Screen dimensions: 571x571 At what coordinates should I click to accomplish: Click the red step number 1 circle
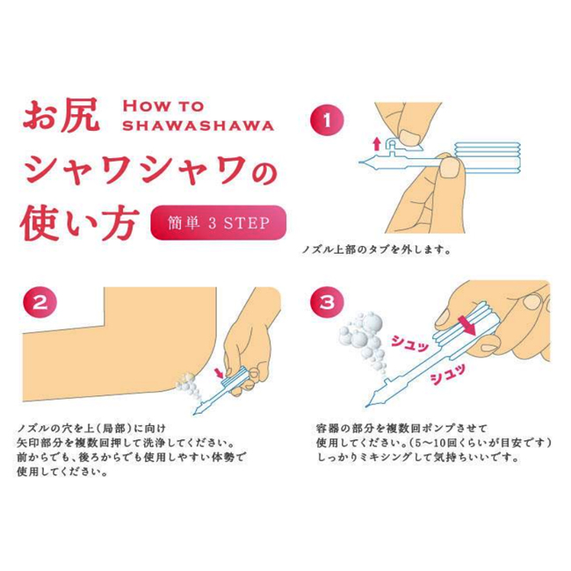(327, 119)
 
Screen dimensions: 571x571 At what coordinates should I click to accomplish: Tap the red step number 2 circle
(40, 302)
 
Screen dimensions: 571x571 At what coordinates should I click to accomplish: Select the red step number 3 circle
(327, 302)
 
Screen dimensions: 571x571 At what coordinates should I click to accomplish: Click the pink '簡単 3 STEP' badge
(218, 223)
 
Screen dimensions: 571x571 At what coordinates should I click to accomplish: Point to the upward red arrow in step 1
(377, 144)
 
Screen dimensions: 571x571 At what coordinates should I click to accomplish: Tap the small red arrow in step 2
(220, 373)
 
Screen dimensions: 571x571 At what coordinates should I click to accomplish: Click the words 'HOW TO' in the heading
(163, 106)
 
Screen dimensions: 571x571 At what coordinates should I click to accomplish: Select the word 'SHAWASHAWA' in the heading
(198, 126)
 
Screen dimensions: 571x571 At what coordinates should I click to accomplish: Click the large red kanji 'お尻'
(61, 115)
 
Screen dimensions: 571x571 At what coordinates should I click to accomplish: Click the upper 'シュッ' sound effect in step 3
(409, 343)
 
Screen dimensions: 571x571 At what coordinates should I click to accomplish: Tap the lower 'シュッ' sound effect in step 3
(447, 374)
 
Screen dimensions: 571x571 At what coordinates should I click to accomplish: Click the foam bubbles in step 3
(362, 339)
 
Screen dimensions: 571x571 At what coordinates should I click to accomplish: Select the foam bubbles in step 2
(188, 387)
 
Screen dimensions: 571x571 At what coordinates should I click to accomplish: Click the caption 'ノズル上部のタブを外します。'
(377, 250)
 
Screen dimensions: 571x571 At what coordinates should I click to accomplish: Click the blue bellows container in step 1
(488, 157)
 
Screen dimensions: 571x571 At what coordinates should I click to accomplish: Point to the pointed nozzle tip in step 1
(360, 162)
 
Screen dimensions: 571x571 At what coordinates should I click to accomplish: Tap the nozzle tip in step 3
(366, 406)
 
